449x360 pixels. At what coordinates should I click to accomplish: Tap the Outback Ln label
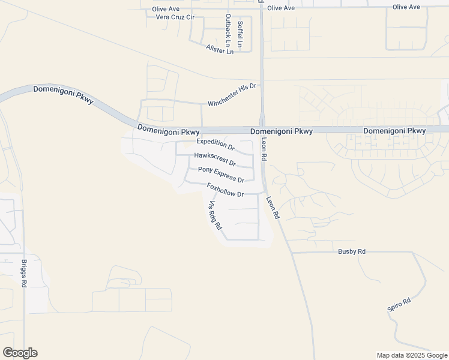[228, 30]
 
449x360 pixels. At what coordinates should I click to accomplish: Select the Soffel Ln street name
[240, 34]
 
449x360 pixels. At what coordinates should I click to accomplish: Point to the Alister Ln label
[219, 50]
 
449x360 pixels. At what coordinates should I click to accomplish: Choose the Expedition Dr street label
[215, 144]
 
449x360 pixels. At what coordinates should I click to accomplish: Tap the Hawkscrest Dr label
[215, 159]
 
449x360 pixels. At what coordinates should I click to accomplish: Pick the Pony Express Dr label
[221, 175]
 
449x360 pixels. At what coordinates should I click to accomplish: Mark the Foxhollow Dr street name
[225, 190]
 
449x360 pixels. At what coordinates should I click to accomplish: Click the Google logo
[20, 353]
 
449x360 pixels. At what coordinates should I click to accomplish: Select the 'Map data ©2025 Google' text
[411, 355]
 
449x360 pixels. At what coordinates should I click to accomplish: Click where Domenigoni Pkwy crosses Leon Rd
[262, 130]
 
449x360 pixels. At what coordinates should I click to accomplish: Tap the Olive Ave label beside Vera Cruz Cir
[166, 9]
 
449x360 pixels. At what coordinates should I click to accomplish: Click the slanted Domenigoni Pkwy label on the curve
[63, 94]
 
